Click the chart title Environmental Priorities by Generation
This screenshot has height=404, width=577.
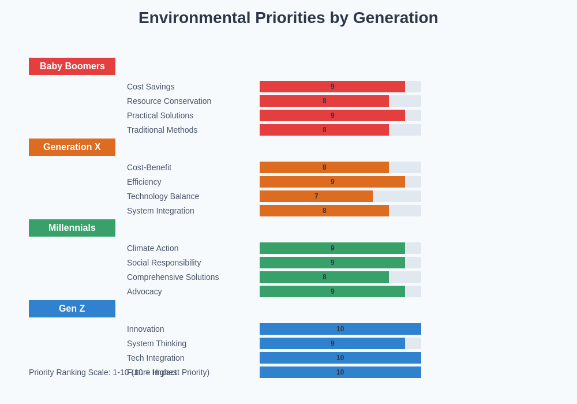pos(288,18)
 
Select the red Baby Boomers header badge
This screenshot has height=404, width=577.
pos(72,66)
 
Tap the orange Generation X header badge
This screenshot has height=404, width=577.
pos(72,147)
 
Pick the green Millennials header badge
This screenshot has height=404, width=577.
pos(72,228)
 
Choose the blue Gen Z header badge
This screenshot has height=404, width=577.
pos(72,309)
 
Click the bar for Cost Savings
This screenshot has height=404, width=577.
pos(332,87)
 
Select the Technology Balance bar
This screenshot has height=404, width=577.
pos(316,196)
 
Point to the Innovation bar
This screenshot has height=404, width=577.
pos(340,329)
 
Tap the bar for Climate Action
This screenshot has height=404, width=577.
pos(332,248)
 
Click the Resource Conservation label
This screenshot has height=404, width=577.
pos(169,101)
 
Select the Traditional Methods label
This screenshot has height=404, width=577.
pos(162,130)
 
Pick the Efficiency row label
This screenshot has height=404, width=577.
pos(144,182)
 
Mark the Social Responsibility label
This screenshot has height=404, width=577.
pos(164,263)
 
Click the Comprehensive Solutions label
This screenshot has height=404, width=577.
pos(173,277)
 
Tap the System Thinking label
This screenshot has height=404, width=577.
pos(156,343)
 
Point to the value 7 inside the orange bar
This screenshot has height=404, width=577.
pos(316,196)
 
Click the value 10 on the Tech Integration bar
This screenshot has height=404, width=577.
pos(340,358)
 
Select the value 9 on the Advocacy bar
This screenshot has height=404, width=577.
pos(332,291)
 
